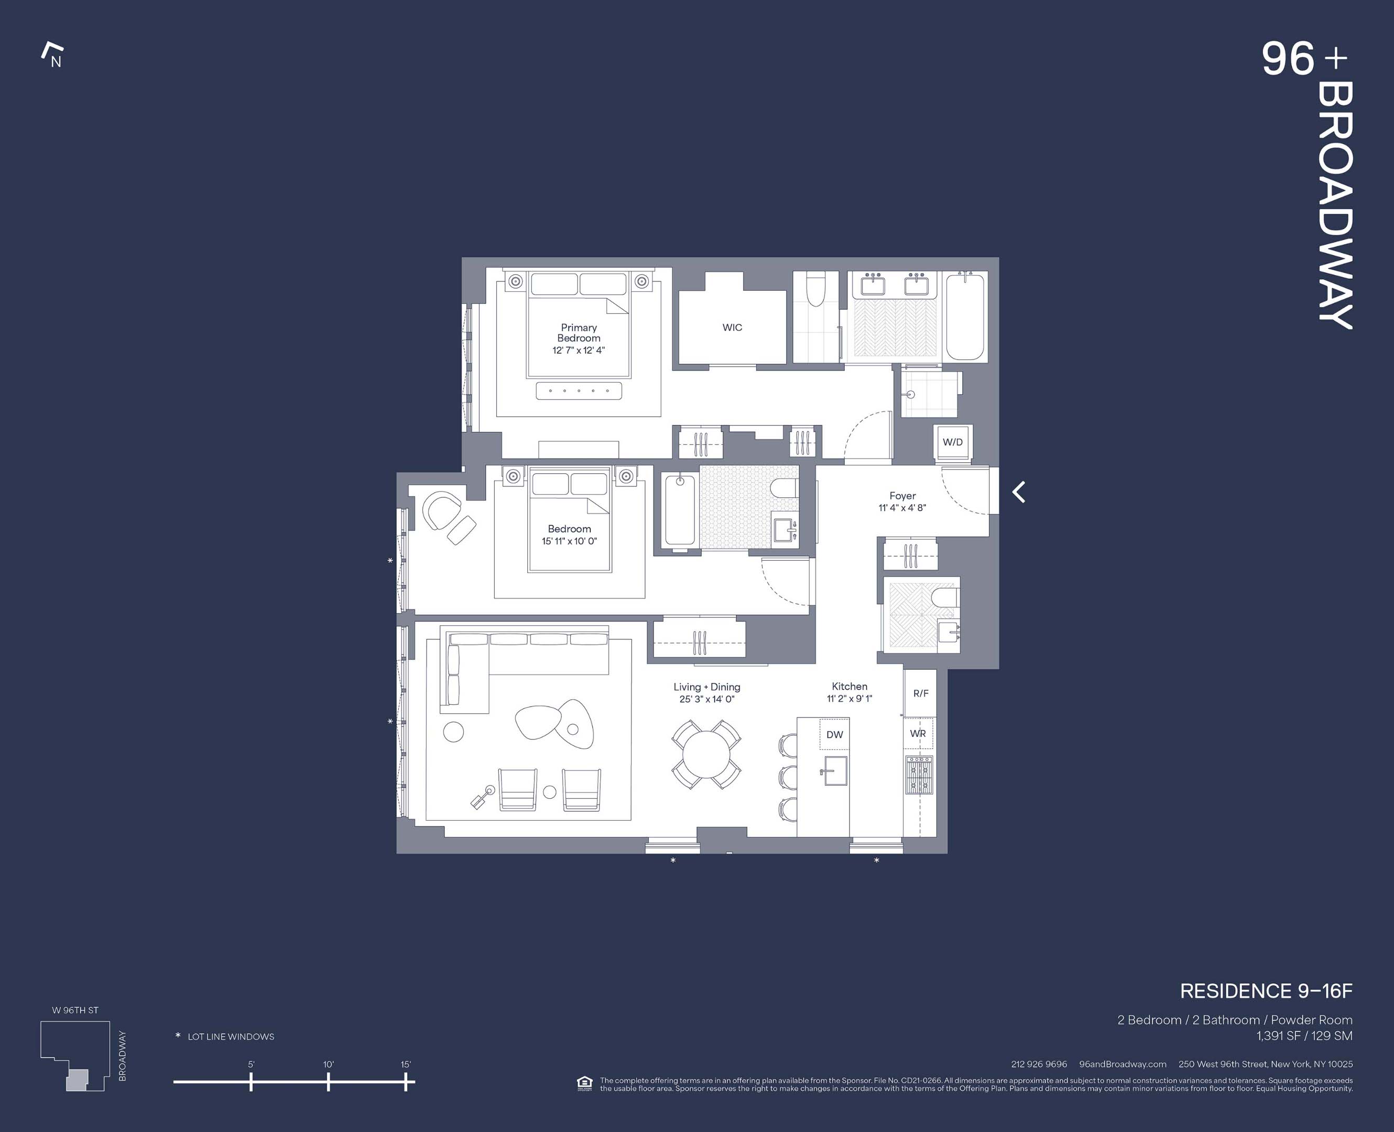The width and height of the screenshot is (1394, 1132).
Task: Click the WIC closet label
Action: (732, 328)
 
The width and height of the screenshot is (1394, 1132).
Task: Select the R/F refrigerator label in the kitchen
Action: (921, 693)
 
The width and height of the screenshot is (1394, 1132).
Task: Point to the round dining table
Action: (706, 755)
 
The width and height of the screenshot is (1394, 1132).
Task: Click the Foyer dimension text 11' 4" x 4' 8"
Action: (902, 508)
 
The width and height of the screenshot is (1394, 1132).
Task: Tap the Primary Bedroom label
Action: (579, 333)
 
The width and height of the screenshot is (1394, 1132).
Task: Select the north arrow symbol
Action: (53, 56)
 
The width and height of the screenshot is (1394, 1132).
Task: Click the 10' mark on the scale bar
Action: (328, 1082)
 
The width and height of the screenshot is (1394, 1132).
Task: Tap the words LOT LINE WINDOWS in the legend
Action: (231, 1037)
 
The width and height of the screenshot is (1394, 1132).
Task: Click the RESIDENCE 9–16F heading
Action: (1266, 991)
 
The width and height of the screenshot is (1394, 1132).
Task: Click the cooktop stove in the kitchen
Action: (919, 775)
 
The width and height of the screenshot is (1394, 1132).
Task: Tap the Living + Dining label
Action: (707, 687)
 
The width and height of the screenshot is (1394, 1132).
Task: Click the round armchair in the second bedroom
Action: (441, 510)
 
